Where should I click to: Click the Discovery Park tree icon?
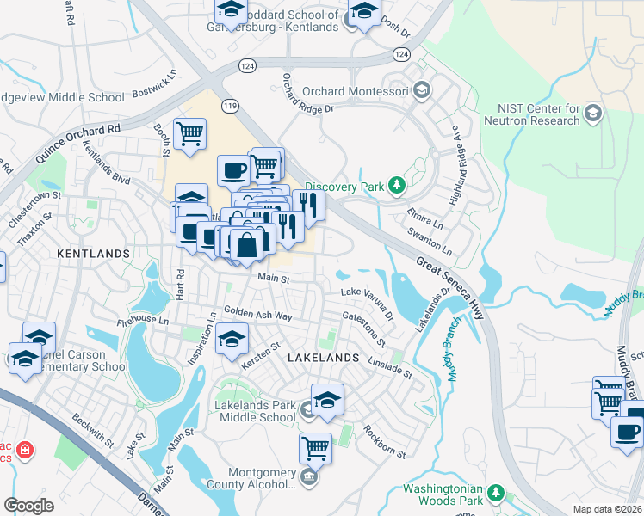pyautogui.click(x=396, y=185)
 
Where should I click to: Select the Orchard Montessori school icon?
pyautogui.click(x=421, y=90)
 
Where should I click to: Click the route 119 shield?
pyautogui.click(x=230, y=106)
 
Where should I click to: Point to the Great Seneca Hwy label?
pyautogui.click(x=450, y=289)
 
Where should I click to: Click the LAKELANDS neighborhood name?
pyautogui.click(x=322, y=356)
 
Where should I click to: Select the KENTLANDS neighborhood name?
pyautogui.click(x=93, y=254)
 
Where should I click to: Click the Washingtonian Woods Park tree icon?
pyautogui.click(x=495, y=493)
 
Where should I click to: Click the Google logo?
pyautogui.click(x=28, y=505)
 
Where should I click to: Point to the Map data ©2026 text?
pyautogui.click(x=607, y=509)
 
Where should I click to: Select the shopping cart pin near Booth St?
pyautogui.click(x=189, y=133)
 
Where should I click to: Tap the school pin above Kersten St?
pyautogui.click(x=231, y=340)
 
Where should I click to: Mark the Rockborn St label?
pyautogui.click(x=384, y=441)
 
